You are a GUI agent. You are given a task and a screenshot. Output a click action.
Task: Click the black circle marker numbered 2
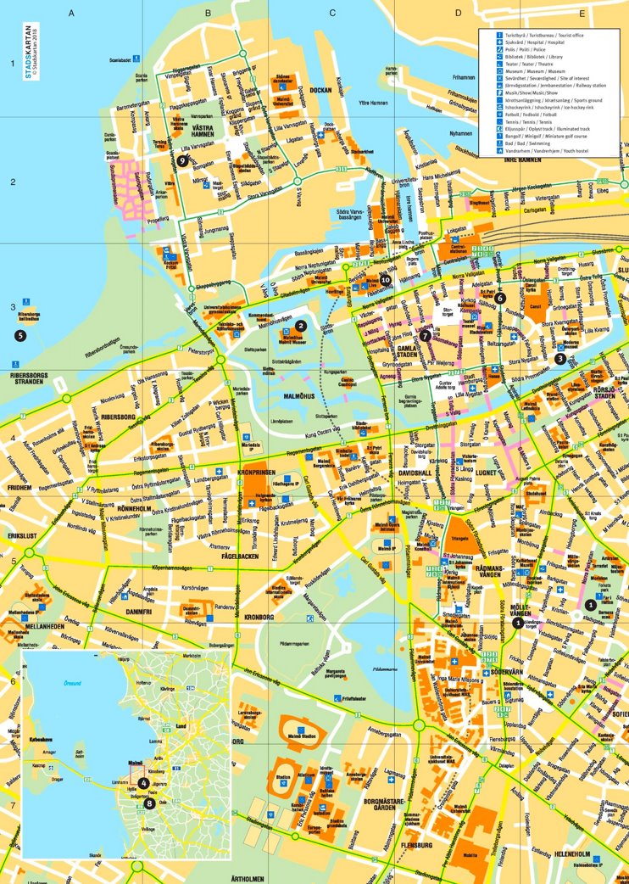[x=300, y=325]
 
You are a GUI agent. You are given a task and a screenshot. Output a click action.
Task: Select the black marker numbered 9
[x=183, y=159]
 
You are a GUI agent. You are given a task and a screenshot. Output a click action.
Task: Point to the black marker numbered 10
[x=386, y=279]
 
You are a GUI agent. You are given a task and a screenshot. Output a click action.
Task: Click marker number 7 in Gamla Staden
[x=426, y=336]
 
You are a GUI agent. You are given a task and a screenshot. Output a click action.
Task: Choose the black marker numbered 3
[x=559, y=358]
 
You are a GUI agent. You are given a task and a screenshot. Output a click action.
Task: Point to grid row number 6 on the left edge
[x=13, y=681]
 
